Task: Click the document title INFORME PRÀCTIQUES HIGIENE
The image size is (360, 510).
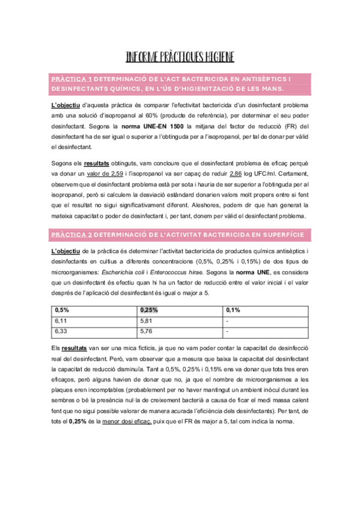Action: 180,57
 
